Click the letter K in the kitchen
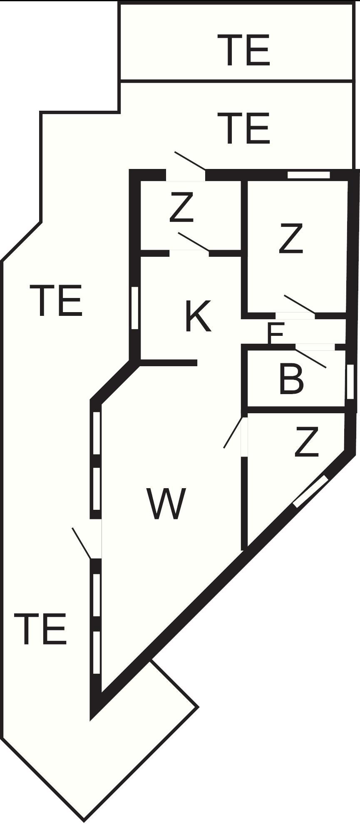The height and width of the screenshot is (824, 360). [198, 316]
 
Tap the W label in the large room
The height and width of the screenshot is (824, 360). [166, 504]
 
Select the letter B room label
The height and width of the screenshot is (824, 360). [291, 378]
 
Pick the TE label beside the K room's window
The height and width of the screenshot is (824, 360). [56, 300]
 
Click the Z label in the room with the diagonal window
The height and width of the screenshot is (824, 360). [306, 442]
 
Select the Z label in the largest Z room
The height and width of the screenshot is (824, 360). [291, 238]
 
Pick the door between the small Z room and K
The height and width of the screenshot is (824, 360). [194, 242]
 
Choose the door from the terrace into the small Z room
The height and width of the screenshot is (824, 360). [190, 161]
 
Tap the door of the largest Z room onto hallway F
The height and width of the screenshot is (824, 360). [300, 304]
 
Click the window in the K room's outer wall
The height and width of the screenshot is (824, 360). [134, 308]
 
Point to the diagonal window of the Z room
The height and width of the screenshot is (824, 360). [310, 491]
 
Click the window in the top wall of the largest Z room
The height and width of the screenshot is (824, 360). [309, 175]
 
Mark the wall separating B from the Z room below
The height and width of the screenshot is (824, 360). [296, 410]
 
